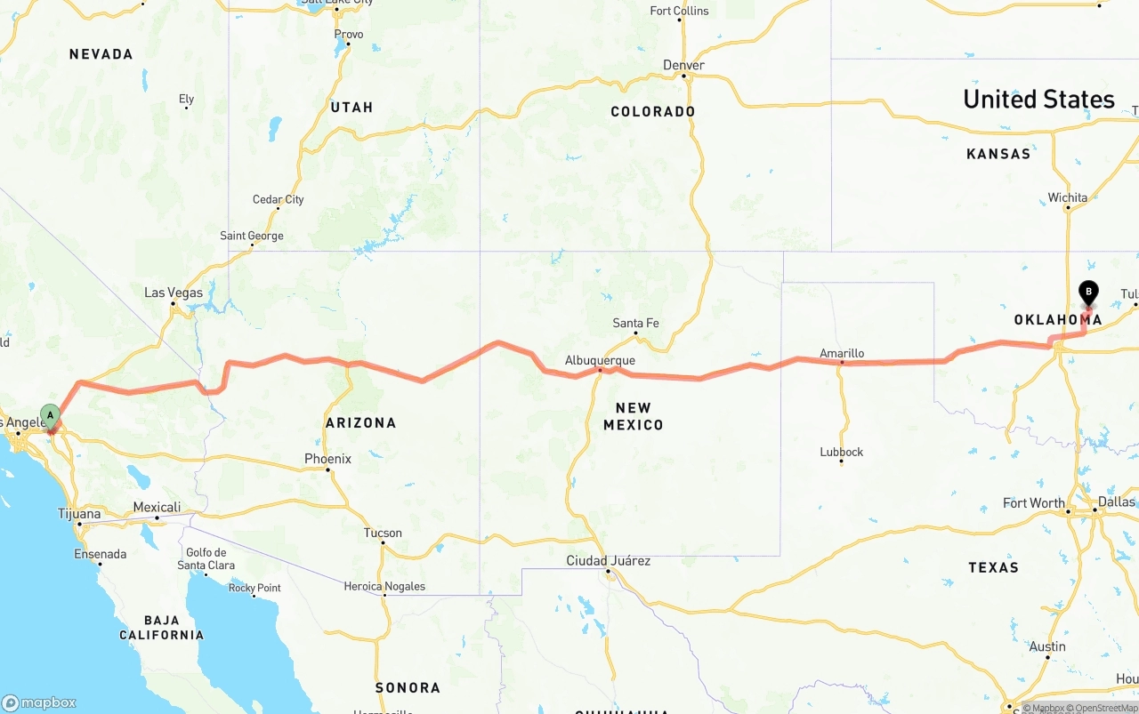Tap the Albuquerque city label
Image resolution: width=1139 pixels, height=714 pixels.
(600, 360)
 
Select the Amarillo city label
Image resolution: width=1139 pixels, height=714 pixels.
(842, 353)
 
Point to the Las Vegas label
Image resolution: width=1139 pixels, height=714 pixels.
(174, 293)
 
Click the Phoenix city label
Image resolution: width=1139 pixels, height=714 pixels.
(327, 459)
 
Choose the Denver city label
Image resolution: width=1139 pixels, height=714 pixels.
(683, 65)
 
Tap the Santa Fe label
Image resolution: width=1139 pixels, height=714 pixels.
(635, 323)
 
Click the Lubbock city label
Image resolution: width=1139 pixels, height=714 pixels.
(841, 452)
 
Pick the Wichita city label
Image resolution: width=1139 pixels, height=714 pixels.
(1067, 197)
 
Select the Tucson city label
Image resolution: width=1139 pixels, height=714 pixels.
(383, 533)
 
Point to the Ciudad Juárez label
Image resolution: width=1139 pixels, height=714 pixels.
(609, 560)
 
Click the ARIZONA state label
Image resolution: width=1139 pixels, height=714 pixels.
(360, 422)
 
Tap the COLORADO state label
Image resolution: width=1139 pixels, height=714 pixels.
(653, 111)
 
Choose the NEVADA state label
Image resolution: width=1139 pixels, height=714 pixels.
(101, 54)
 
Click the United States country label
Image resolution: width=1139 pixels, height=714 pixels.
(1038, 99)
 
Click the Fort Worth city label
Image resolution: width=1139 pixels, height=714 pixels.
(1033, 503)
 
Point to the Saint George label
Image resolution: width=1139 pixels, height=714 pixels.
(252, 236)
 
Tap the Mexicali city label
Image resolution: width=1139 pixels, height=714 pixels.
(157, 507)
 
